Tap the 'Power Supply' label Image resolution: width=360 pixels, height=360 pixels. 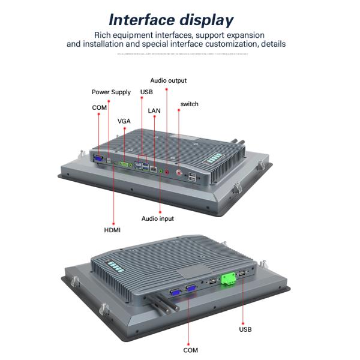(111, 92)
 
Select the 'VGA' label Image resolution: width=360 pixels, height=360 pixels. (124, 121)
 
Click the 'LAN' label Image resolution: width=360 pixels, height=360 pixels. (154, 111)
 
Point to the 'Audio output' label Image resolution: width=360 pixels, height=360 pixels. (168, 80)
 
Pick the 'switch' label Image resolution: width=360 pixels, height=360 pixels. (190, 104)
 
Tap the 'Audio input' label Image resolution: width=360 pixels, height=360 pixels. (158, 219)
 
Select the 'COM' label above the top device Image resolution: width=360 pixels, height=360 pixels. (99, 107)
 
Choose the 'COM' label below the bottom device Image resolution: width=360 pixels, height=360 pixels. (190, 350)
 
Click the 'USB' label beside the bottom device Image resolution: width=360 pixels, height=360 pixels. (245, 329)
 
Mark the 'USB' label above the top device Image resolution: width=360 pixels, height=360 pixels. (146, 92)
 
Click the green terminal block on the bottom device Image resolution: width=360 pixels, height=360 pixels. (228, 280)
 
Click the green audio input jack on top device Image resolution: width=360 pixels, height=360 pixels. (160, 170)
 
